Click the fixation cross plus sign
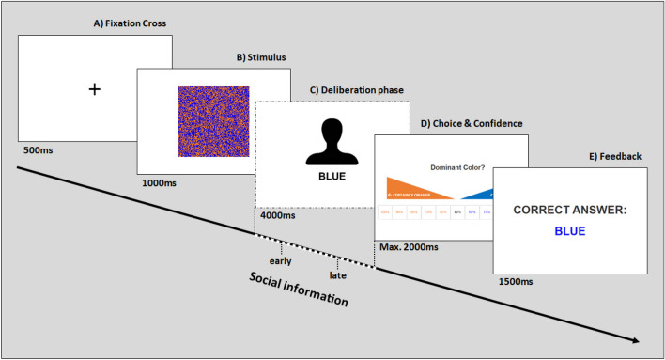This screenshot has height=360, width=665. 94,89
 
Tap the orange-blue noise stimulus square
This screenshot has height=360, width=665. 213,120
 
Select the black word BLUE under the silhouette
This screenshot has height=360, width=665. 332,176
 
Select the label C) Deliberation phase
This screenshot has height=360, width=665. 358,90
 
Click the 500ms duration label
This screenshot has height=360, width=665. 32,148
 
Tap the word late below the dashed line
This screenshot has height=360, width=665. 338,275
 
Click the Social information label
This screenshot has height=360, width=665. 298,290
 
